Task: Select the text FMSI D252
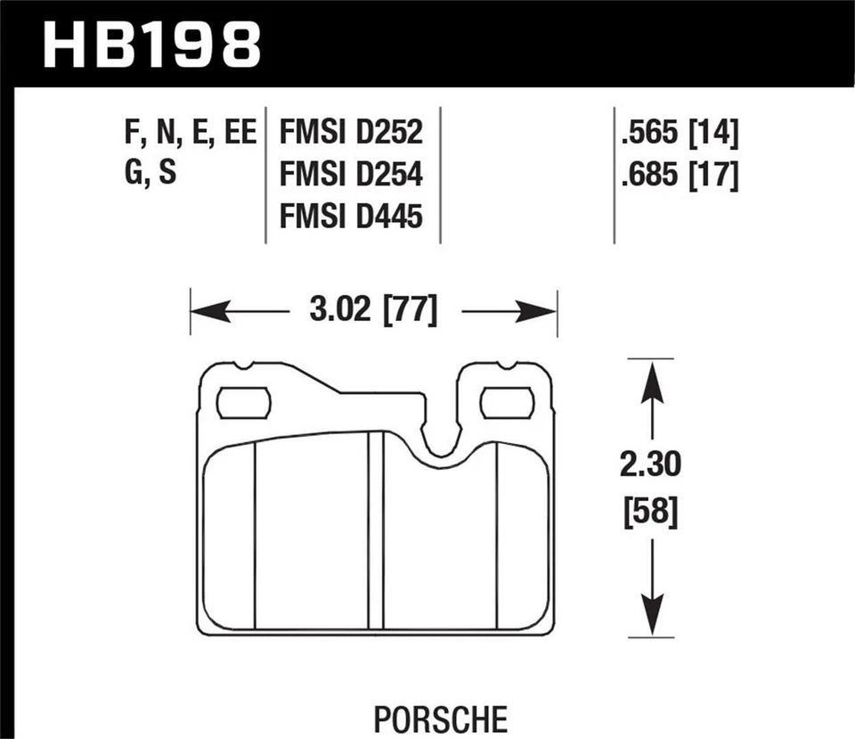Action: click(x=350, y=135)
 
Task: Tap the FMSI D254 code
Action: click(x=350, y=176)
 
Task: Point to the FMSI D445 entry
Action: click(x=350, y=217)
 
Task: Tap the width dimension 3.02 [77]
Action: click(x=373, y=312)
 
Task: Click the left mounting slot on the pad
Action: click(x=243, y=404)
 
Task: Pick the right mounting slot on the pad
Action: click(x=507, y=404)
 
